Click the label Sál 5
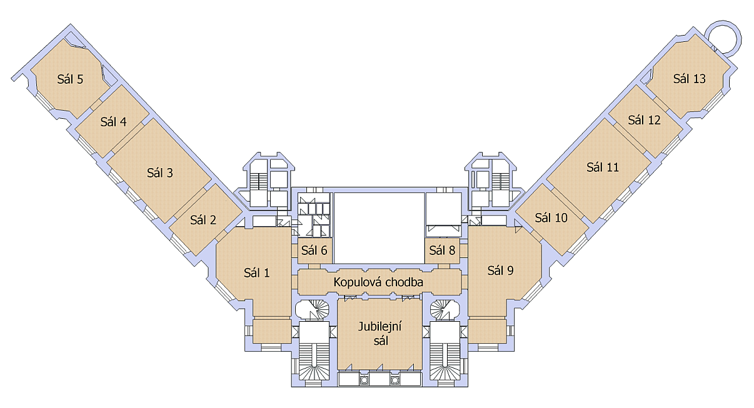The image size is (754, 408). tap(70, 79)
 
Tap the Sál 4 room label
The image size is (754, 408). tap(113, 121)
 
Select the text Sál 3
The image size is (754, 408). tap(160, 173)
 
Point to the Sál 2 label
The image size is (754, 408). tap(203, 220)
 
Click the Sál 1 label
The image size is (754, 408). tap(257, 273)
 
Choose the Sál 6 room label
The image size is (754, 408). tap(314, 251)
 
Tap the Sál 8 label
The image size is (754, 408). tap(442, 251)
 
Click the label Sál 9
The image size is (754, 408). tap(501, 271)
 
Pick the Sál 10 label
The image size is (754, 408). tap(551, 217)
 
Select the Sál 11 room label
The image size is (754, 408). tap(603, 167)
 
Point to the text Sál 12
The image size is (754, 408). tap(644, 120)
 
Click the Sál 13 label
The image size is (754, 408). tap(690, 79)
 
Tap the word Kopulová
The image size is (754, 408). tap(357, 282)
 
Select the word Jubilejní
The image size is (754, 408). tap(380, 327)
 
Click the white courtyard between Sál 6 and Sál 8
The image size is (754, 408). tap(379, 228)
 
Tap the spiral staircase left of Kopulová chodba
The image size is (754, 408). tap(312, 309)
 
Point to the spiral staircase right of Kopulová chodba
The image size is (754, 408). tap(445, 309)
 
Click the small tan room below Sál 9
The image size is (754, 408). tap(487, 331)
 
